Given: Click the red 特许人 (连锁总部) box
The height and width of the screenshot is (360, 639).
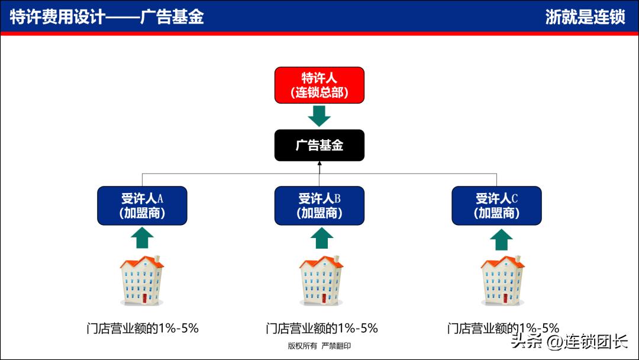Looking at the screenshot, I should [319, 85].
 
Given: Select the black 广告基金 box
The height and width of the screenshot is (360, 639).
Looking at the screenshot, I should [319, 145].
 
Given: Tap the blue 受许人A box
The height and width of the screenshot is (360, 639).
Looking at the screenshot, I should [142, 205].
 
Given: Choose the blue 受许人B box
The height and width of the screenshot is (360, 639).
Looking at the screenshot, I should [319, 205].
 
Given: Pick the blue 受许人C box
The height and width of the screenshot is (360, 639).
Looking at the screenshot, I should [496, 205].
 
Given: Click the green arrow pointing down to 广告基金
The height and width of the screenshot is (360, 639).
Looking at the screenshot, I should [319, 115].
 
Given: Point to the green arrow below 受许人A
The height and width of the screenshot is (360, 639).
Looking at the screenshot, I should [142, 238].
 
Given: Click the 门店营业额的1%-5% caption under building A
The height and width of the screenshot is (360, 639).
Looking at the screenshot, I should [142, 328].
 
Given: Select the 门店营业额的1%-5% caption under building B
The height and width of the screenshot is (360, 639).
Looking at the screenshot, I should [321, 328].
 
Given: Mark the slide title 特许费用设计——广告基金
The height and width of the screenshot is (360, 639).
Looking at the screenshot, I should [107, 17].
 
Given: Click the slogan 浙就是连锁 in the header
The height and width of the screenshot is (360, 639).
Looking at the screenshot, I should [585, 17].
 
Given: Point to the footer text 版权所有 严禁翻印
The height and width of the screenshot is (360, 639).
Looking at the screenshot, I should [319, 346].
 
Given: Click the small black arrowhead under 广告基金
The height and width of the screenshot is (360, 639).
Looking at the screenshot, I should [319, 163].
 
